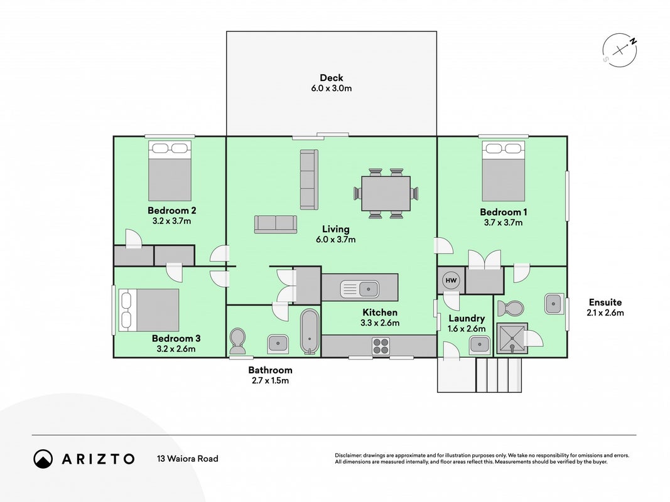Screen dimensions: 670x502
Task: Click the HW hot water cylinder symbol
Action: click(x=451, y=280)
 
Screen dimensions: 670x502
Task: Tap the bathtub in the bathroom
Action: click(x=310, y=332)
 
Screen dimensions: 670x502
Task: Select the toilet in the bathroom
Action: click(x=237, y=341)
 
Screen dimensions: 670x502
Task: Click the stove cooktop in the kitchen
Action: click(x=381, y=346)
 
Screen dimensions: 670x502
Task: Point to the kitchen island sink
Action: click(x=359, y=289)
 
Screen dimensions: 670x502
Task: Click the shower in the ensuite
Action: click(x=512, y=338)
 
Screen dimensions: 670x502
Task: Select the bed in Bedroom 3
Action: click(x=149, y=310)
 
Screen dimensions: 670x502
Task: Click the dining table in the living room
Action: click(x=386, y=193)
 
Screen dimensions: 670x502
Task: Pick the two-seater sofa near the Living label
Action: click(x=276, y=224)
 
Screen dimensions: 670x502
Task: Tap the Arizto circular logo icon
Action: click(x=43, y=459)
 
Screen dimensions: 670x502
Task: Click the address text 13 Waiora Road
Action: click(x=188, y=459)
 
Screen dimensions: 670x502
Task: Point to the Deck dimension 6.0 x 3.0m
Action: click(x=332, y=88)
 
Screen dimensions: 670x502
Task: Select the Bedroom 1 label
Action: click(x=504, y=212)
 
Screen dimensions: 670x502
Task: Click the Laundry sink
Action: click(x=480, y=344)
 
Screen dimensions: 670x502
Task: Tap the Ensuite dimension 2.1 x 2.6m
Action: click(x=605, y=313)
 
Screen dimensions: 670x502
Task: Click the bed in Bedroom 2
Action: click(x=170, y=171)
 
